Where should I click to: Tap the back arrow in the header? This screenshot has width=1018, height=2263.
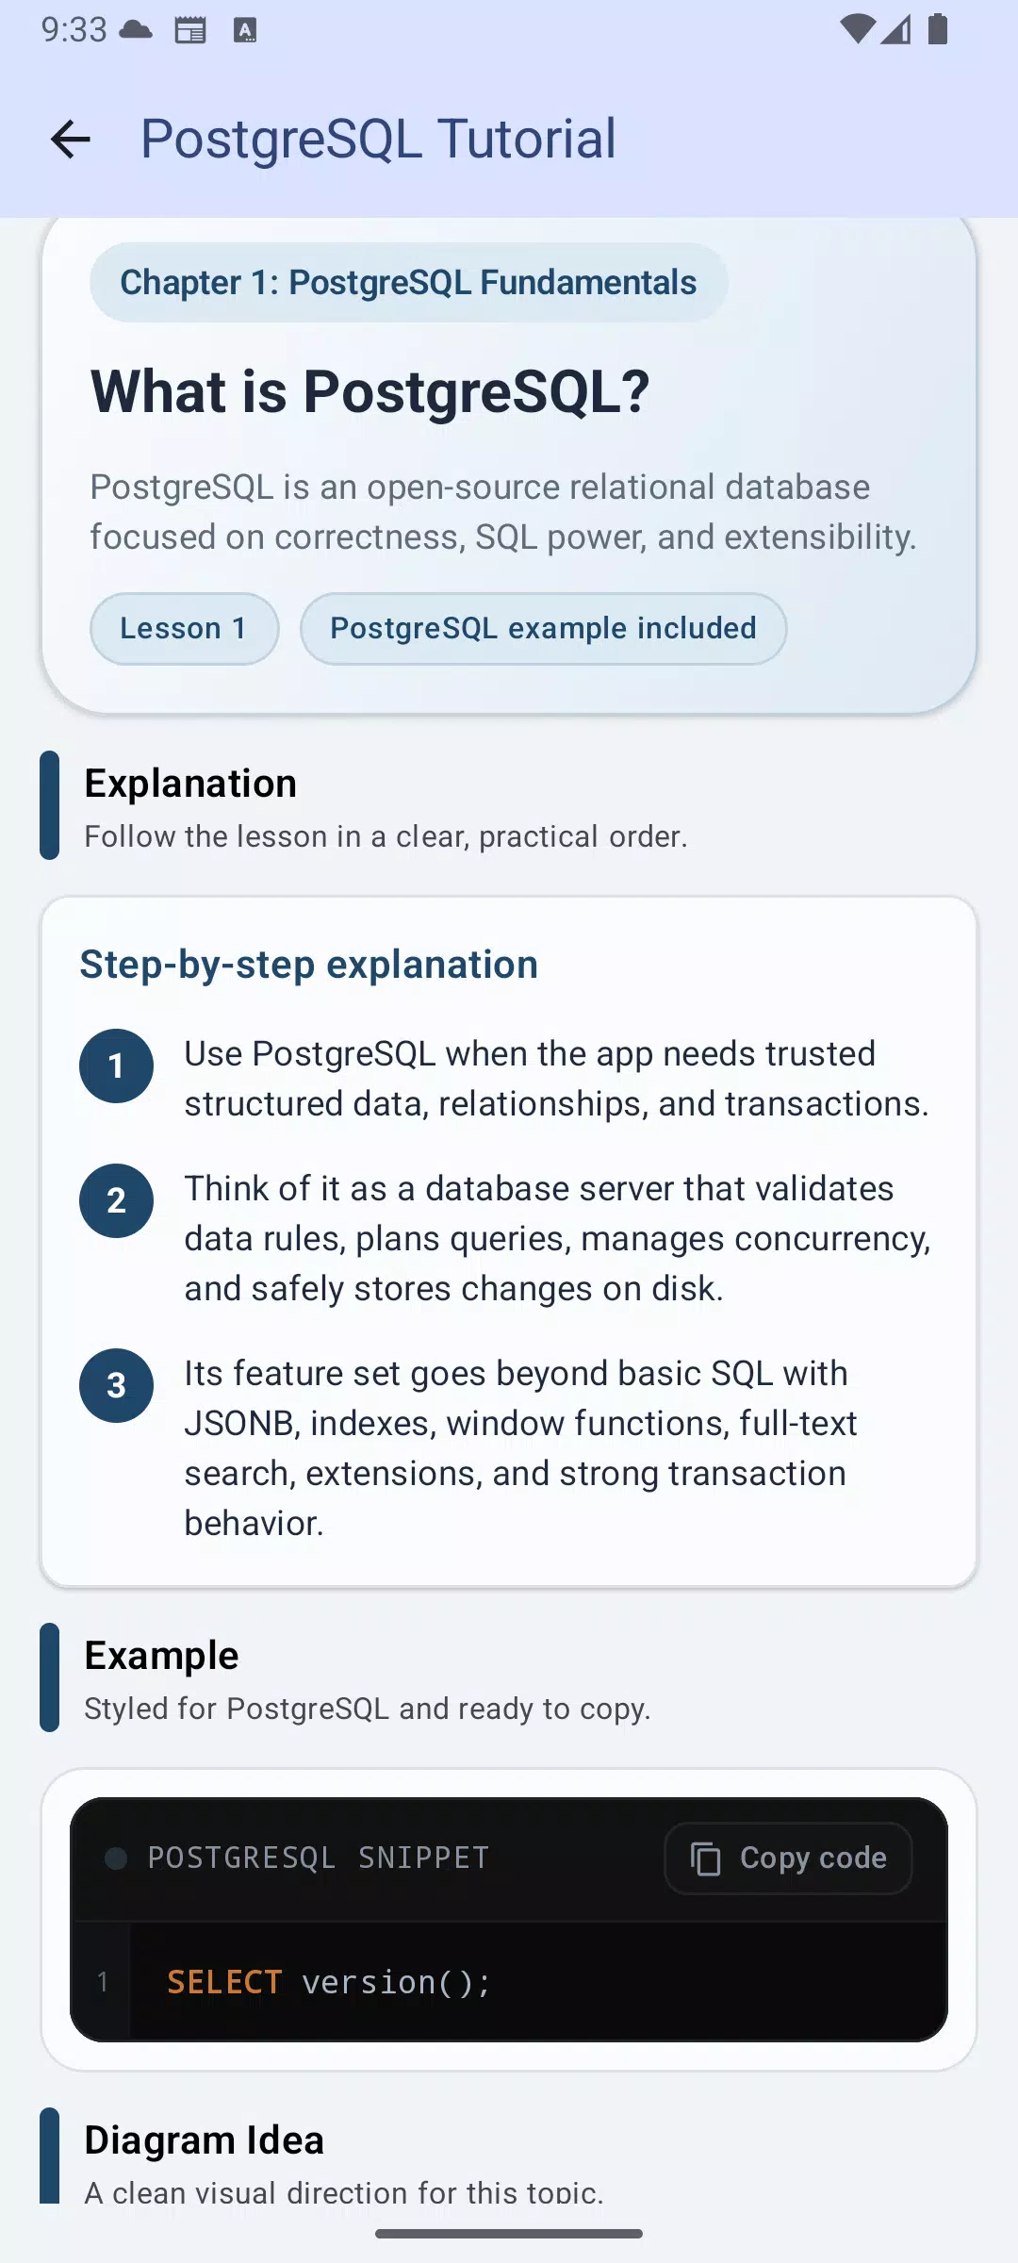[71, 140]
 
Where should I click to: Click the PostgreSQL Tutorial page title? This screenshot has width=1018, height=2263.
[378, 140]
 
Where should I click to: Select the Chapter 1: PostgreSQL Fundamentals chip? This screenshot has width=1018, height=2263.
[408, 283]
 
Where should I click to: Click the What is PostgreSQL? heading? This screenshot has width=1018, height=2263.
[369, 391]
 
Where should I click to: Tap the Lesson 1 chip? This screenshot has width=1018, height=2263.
[184, 629]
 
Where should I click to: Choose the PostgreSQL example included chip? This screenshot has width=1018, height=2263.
[543, 629]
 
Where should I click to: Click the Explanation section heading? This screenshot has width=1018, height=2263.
[190, 784]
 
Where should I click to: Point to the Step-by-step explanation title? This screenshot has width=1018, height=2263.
[308, 965]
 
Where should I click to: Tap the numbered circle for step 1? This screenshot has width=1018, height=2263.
[116, 1065]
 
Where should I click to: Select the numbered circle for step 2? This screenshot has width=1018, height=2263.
[116, 1200]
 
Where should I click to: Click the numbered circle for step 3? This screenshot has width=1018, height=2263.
[116, 1385]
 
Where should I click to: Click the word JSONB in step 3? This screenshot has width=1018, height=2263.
[239, 1424]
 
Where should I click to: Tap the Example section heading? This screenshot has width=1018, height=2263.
[161, 1656]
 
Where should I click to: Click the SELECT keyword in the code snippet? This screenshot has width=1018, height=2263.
[224, 1982]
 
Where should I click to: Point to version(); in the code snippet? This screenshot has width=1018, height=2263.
[396, 1983]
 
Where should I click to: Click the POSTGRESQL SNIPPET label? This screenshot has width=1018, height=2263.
[319, 1858]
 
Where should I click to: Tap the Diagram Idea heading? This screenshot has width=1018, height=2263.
[204, 2140]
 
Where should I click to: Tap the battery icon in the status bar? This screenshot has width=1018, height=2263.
[938, 29]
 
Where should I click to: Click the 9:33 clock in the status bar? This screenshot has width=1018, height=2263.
[74, 30]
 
